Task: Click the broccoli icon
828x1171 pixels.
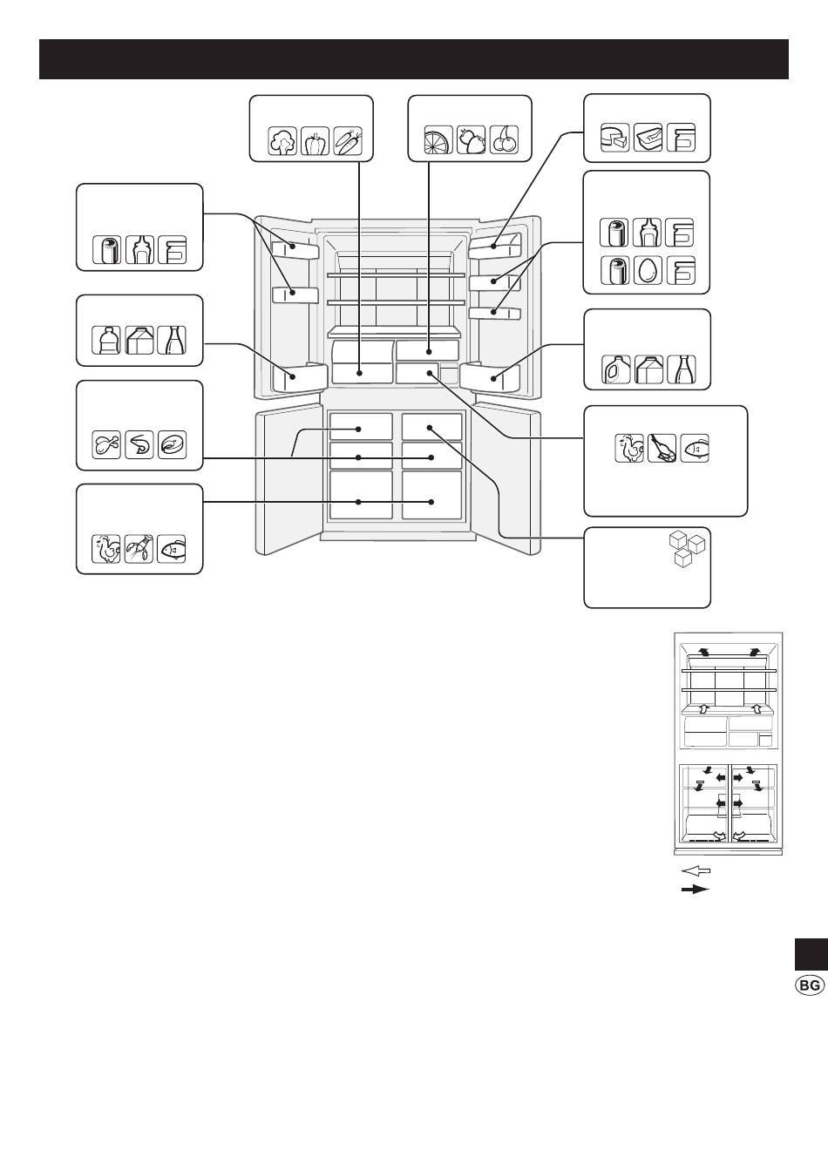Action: pos(282,140)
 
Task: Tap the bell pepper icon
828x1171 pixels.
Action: pos(315,140)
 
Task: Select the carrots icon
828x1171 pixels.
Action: pos(348,140)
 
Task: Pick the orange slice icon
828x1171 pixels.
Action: pos(438,139)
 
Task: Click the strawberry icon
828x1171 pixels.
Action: pos(471,139)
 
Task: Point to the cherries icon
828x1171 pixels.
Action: pos(504,139)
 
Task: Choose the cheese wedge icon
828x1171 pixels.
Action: pos(614,138)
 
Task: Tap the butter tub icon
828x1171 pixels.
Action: pos(648,138)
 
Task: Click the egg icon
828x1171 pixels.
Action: pos(648,270)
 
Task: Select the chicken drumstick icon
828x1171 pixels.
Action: pos(106,445)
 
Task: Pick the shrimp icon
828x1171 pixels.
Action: pos(139,445)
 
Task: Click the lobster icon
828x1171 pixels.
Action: pos(139,549)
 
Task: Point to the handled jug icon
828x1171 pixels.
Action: pos(615,369)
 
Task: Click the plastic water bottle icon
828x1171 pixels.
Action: pos(106,340)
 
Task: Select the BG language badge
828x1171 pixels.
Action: pos(810,985)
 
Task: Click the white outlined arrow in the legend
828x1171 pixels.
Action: pos(696,871)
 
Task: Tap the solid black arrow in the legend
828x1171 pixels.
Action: pos(696,890)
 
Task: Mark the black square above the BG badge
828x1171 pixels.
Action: pos(811,954)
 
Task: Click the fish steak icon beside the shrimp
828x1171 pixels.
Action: pos(172,445)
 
